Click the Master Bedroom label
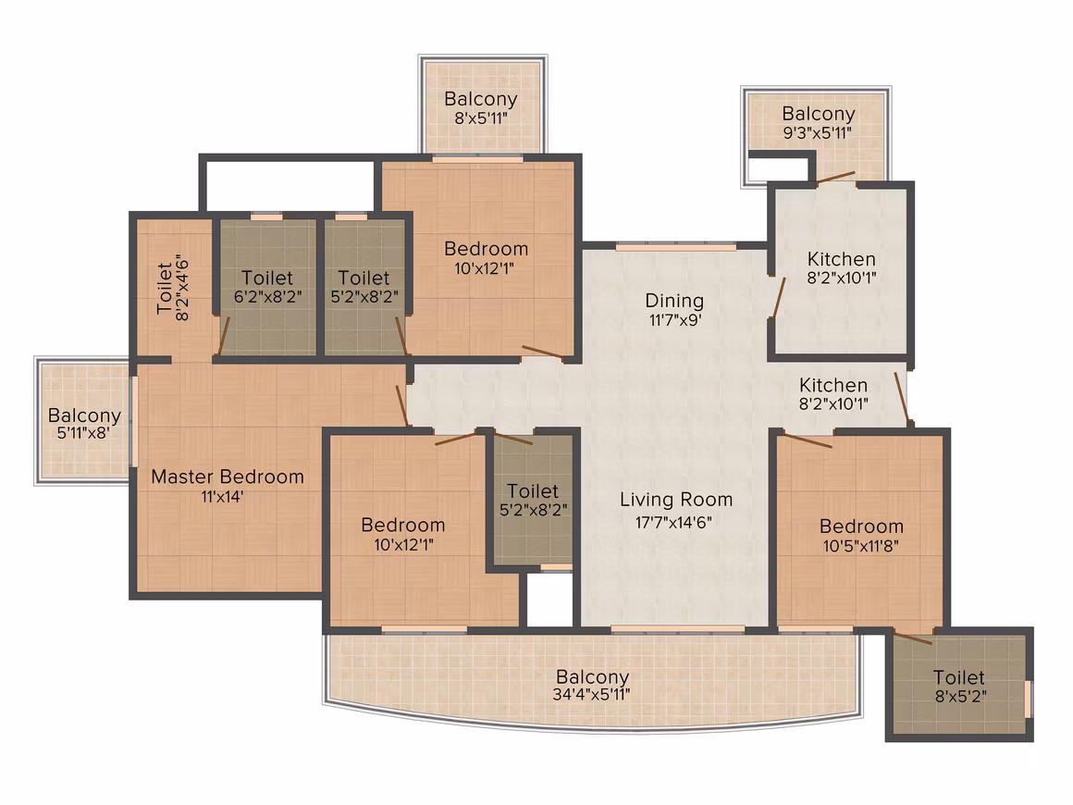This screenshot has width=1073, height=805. coord(228,477)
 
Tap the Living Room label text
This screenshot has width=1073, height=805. coord(676,501)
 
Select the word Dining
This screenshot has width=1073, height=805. coord(674,302)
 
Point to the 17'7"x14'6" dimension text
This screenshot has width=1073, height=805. coord(674,522)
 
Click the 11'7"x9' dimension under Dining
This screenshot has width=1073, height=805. coord(674,319)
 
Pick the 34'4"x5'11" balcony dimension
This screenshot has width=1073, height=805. coord(591,694)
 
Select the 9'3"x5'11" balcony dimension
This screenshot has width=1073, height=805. coord(818,133)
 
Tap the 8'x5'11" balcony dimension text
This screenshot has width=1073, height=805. coord(481,118)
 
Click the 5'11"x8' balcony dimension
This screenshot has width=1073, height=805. coord(84,433)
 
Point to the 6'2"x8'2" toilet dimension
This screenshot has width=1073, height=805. coord(267,296)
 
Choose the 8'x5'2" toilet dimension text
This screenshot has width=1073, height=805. coord(961,696)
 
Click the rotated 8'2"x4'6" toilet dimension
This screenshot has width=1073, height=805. coord(182,288)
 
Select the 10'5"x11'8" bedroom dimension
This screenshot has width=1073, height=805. coord(861,546)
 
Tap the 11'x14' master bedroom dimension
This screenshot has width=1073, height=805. coord(222,496)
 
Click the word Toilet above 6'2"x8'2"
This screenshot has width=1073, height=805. coord(267,278)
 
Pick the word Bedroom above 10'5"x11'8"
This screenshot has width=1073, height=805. coord(861,526)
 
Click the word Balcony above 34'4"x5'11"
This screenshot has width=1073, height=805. coord(593,677)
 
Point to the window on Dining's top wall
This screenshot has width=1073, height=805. coord(676,246)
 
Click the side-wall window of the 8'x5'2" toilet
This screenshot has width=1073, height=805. coord(1028,699)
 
